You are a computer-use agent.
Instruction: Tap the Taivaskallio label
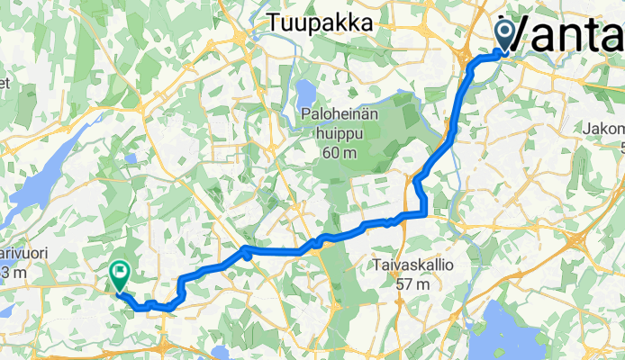click(x=416, y=265)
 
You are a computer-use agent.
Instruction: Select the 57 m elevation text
click(x=416, y=283)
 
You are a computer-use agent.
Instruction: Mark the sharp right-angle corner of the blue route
click(x=424, y=213)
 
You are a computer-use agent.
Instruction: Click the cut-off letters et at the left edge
click(x=5, y=83)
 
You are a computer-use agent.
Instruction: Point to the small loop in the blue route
click(x=245, y=256)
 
